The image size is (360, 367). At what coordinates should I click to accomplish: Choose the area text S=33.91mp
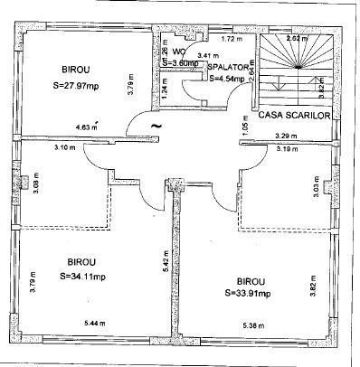pyautogui.click(x=258, y=293)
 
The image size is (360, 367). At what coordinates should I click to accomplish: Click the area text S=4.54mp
pyautogui.click(x=226, y=79)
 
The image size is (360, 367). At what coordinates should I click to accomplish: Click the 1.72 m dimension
pyautogui.click(x=233, y=40)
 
